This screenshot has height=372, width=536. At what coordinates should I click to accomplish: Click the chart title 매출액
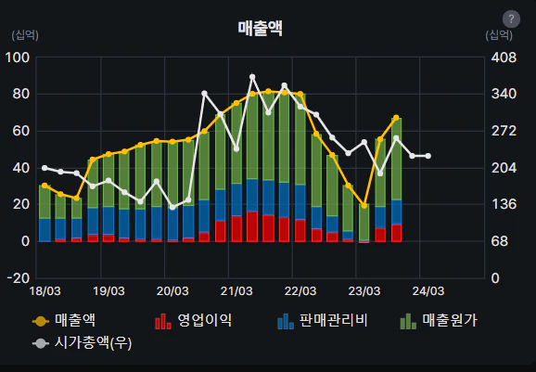click(260, 29)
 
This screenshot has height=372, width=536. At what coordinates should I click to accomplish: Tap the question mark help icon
click(510, 19)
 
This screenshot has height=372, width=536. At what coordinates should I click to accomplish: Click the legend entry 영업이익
click(193, 321)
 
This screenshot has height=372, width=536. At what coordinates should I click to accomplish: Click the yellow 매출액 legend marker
click(40, 321)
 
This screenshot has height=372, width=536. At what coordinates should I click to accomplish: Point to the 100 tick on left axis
click(18, 58)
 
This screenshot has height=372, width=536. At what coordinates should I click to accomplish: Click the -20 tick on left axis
click(18, 278)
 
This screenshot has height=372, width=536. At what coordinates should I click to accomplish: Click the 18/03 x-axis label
click(45, 291)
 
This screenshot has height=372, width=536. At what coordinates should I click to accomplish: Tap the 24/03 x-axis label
click(426, 291)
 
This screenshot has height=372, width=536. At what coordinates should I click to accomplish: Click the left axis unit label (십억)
click(25, 35)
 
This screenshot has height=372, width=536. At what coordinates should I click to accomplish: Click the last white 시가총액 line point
click(428, 156)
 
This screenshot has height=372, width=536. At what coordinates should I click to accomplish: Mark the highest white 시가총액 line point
click(252, 76)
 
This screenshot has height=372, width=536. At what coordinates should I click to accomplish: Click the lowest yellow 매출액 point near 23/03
click(364, 206)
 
